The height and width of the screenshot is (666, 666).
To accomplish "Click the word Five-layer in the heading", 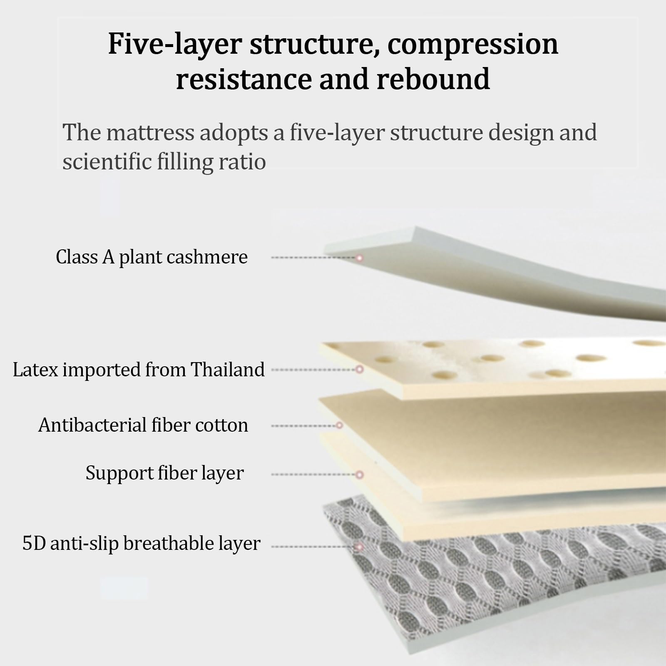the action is point(175,44).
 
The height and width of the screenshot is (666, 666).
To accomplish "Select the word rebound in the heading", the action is point(433,79).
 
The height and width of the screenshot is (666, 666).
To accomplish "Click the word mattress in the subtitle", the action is point(150,132).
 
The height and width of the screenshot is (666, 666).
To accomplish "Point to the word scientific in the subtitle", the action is point(107,162).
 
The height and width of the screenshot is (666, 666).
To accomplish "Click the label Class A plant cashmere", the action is point(152,257).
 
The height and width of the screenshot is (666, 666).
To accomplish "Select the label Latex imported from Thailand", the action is point(139,370).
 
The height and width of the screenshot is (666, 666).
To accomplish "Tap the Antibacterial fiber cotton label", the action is point(143,425).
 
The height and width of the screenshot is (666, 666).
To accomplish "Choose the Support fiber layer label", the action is point(164,473).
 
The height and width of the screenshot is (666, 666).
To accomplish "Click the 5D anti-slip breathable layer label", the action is point(142,544).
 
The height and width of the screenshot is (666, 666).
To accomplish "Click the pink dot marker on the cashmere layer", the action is point(360,258).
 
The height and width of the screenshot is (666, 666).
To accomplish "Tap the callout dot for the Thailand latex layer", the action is point(360,369).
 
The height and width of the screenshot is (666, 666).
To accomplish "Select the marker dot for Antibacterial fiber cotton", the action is point(339,425).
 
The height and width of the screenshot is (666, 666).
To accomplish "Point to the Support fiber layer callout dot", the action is point(360,475).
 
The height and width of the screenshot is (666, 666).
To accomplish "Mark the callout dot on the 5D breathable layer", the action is point(360,547).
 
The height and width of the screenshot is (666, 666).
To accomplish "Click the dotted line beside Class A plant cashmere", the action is point(313,258).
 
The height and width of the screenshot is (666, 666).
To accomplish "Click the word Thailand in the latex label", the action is point(228,369).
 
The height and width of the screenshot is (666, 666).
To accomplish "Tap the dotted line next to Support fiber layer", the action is point(313,475).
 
